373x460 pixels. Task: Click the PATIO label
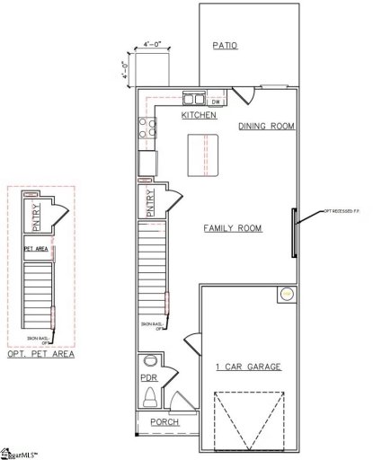point(225,46)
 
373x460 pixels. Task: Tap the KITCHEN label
point(198,116)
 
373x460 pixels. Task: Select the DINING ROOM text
point(266,127)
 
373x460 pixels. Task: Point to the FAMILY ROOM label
point(232,228)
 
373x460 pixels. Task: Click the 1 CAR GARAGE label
point(249,367)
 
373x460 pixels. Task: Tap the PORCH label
point(164,422)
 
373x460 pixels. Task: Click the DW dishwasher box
point(216,102)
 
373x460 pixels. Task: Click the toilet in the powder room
point(151,395)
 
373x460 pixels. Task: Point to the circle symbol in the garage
point(286,293)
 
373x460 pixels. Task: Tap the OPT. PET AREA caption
point(39,356)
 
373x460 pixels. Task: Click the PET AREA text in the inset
point(35,249)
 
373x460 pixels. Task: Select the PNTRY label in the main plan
point(150,202)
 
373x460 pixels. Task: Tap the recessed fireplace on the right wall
point(296,233)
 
